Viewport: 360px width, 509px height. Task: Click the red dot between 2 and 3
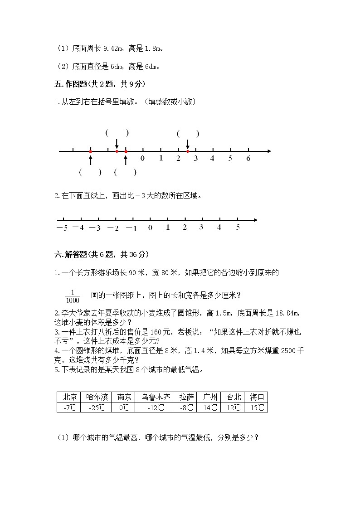[x=188, y=151]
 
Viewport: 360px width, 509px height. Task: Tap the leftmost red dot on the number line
[x=90, y=151]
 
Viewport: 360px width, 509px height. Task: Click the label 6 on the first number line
[x=248, y=159]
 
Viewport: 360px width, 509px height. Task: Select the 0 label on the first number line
[x=142, y=159]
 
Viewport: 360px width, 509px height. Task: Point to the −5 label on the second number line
[x=62, y=228]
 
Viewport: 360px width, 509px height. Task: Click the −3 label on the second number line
[x=95, y=228]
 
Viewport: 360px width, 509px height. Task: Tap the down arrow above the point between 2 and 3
[x=188, y=144]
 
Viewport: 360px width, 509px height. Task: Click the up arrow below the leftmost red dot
[x=90, y=160]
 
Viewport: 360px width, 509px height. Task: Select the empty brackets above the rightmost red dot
[x=188, y=134]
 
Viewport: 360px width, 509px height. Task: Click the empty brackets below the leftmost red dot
[x=90, y=172]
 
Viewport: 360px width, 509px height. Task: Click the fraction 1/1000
[x=73, y=296]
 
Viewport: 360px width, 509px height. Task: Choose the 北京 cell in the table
[x=69, y=397]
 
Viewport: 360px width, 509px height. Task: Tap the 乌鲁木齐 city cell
[x=156, y=397]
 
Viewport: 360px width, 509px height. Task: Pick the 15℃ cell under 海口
[x=257, y=407]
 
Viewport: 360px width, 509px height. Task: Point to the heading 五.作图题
[x=100, y=84]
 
